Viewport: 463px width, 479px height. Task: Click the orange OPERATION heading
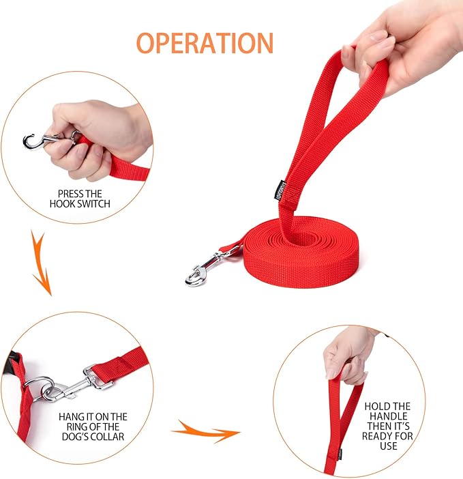pos(205,43)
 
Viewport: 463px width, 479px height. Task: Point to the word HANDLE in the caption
pos(388,416)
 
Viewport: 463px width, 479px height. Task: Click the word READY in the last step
pos(377,436)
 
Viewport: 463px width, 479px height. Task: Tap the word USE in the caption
pos(388,446)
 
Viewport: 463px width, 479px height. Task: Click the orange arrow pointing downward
pos(41,263)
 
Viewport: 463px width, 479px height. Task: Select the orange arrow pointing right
pos(206,431)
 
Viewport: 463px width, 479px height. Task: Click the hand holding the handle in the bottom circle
pos(349,354)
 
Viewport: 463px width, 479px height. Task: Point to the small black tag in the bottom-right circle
pos(340,454)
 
